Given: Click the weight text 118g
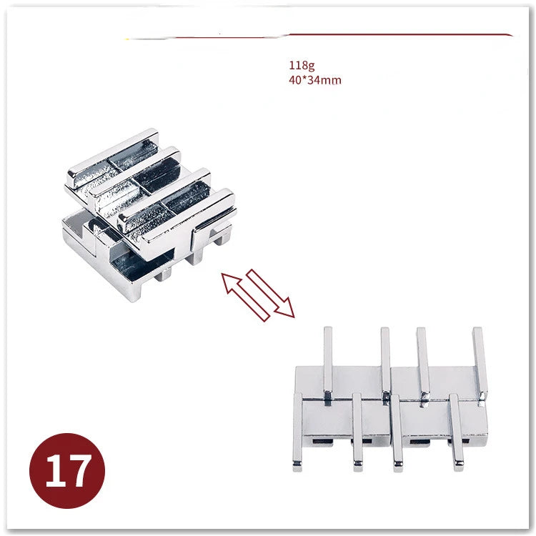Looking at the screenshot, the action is [x=302, y=65].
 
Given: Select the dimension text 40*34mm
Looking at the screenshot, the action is [x=315, y=80].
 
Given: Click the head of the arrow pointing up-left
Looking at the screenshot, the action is [x=229, y=282].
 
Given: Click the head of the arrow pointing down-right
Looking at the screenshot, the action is [x=286, y=309].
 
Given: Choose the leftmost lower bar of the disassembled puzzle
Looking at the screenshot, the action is [x=297, y=432].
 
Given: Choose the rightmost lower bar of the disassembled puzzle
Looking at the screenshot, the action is [x=457, y=432].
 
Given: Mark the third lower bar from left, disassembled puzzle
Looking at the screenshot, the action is [x=397, y=433].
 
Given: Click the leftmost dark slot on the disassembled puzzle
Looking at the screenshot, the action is [x=322, y=442].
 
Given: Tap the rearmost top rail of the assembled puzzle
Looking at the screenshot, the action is [x=113, y=158].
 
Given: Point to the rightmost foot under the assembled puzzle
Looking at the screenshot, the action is [x=222, y=235].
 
